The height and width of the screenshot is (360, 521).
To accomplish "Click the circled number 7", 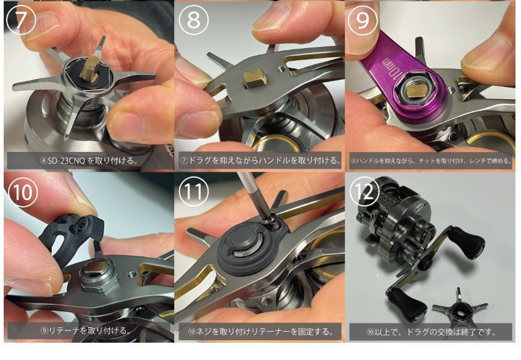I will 20,21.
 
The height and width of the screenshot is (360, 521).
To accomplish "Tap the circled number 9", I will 363,21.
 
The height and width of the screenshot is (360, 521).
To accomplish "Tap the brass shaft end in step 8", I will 254,78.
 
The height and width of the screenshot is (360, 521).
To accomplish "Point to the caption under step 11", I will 260,332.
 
